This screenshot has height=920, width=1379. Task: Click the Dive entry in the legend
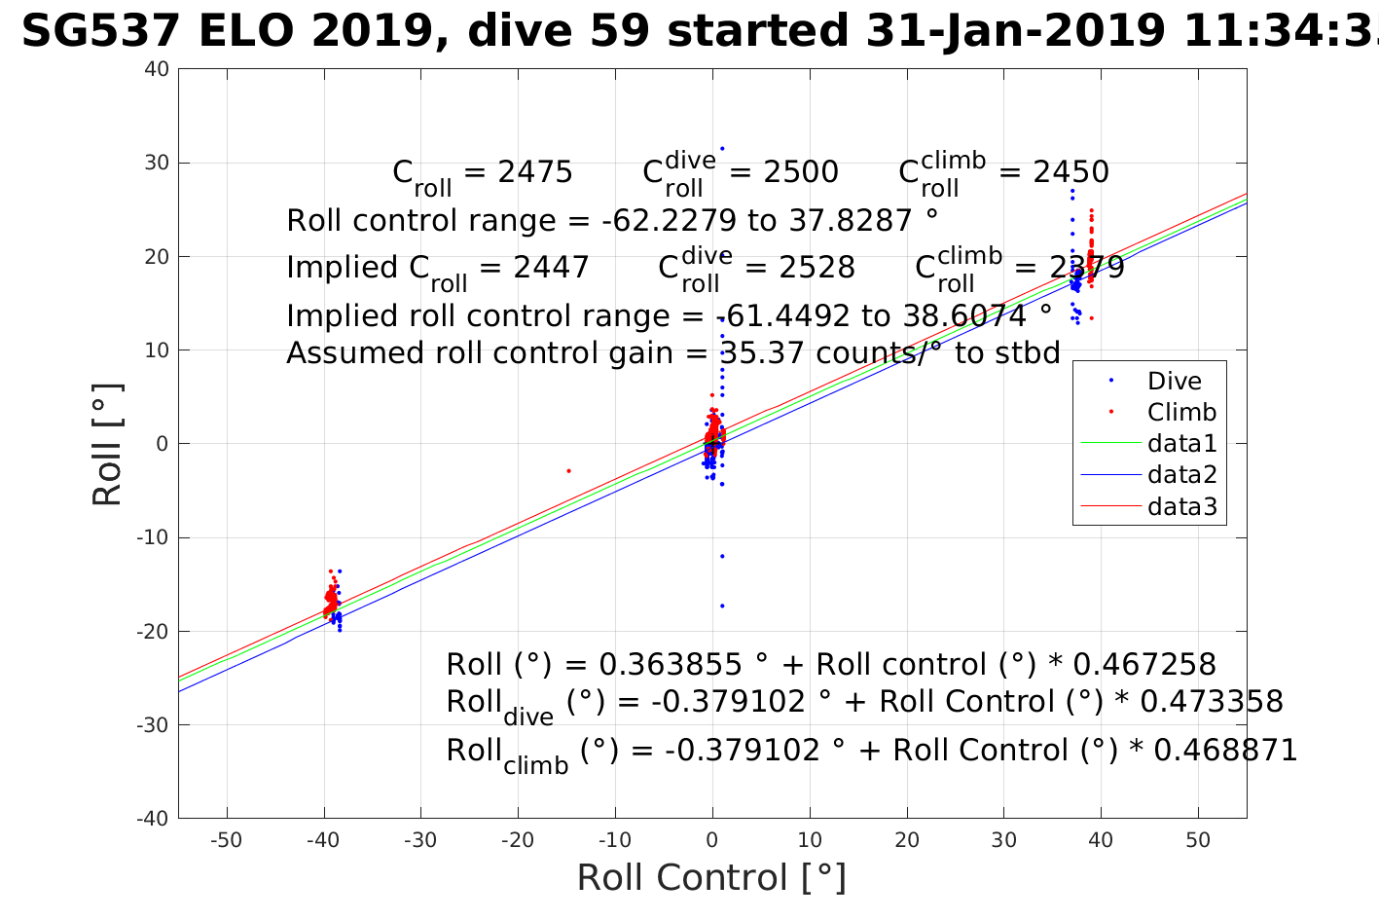1174,382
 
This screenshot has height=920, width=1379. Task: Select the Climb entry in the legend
1181,413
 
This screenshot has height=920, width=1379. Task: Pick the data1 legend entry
1181,444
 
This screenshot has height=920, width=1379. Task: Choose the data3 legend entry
1181,506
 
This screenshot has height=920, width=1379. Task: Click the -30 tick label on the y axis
154,725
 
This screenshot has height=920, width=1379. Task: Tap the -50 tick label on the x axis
226,841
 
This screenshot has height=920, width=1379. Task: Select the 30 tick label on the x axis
1003,841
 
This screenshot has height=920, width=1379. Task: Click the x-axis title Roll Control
711,878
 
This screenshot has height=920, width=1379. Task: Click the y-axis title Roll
107,445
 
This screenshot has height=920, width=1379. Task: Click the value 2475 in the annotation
534,172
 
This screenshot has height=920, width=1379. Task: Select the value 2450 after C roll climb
1071,172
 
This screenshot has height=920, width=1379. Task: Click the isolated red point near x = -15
568,471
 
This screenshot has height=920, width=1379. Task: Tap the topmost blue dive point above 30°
722,149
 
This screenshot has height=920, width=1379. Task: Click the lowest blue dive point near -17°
722,606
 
